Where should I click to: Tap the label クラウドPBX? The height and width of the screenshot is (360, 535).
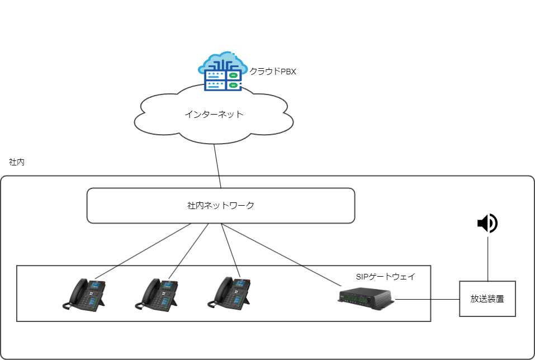[272, 71]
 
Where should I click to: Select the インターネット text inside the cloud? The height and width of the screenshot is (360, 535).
[214, 114]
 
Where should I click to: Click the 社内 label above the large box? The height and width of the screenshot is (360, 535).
[16, 162]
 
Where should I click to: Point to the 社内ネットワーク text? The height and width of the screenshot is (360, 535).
[220, 205]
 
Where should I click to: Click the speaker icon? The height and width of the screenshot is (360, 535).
[487, 224]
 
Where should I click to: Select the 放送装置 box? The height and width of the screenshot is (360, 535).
[487, 299]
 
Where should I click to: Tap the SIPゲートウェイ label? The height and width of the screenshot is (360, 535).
[385, 277]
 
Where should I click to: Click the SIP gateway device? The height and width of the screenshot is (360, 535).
[366, 297]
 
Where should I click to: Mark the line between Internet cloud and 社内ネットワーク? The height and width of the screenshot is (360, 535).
[217, 166]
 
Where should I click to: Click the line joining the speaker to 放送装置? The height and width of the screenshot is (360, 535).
[487, 258]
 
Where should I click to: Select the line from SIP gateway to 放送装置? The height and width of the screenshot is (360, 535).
[427, 299]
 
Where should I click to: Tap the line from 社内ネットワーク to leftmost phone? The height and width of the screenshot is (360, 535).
[143, 251]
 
